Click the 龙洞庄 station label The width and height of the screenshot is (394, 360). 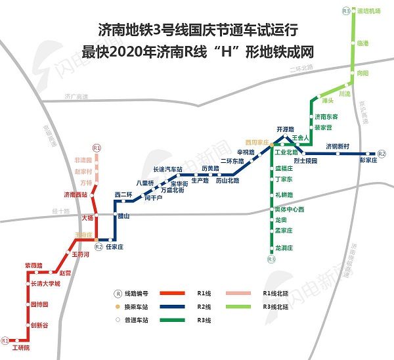click(286, 247)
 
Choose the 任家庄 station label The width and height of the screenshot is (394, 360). click(115, 247)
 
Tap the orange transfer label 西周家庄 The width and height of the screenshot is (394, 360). click(257, 142)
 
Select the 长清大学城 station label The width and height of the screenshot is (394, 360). click(45, 284)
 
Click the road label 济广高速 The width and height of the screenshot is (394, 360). click(76, 97)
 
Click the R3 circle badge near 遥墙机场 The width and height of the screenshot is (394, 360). click(346, 11)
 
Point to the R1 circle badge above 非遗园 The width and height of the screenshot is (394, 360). click(97, 148)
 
